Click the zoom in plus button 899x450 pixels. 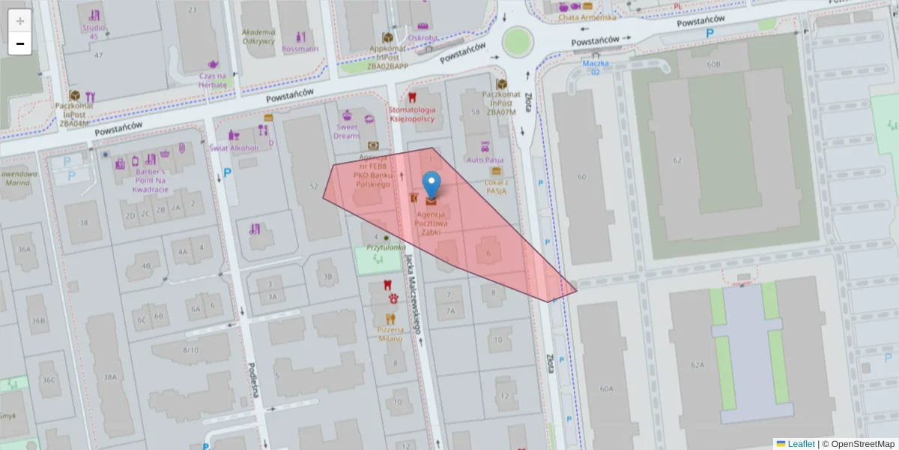click(x=20, y=21)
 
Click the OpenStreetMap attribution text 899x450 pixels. click(x=858, y=444)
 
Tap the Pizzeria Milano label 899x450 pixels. click(x=390, y=334)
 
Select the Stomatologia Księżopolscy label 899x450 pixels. click(x=411, y=114)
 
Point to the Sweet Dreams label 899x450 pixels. click(x=347, y=131)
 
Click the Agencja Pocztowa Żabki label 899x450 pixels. click(x=432, y=223)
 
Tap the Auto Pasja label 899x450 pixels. click(x=485, y=160)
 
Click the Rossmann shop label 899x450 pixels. click(x=300, y=49)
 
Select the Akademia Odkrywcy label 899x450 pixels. click(x=258, y=37)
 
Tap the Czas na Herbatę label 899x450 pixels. click(x=213, y=80)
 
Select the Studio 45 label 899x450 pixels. click(x=94, y=31)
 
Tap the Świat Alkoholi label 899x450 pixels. click(x=234, y=147)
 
